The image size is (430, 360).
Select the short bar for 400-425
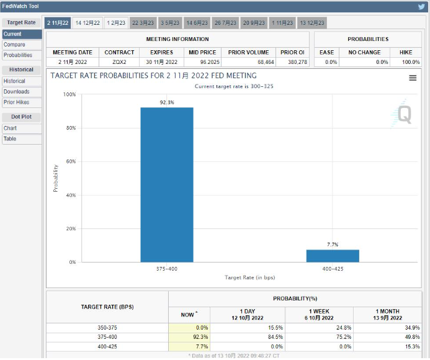pyautogui.click(x=333, y=256)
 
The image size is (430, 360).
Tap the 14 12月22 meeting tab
pyautogui.click(x=87, y=23)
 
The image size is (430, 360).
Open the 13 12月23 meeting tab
pyautogui.click(x=312, y=23)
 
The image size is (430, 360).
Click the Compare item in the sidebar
pyautogui.click(x=14, y=45)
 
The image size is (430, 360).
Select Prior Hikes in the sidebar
pyautogui.click(x=16, y=102)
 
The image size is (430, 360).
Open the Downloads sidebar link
pyautogui.click(x=16, y=92)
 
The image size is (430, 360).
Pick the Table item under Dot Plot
pyautogui.click(x=10, y=139)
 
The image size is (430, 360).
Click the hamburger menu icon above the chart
pyautogui.click(x=413, y=78)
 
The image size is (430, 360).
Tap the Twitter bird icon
pyautogui.click(x=421, y=6)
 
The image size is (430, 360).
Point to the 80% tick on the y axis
pyautogui.click(x=69, y=128)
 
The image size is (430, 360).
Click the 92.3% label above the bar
pyautogui.click(x=167, y=102)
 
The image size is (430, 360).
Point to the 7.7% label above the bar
pyautogui.click(x=333, y=245)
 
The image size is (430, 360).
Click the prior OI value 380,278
pyautogui.click(x=293, y=62)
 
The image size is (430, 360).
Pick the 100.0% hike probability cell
pyautogui.click(x=411, y=62)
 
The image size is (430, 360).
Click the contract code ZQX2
pyautogui.click(x=119, y=62)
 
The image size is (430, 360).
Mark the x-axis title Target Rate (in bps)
pyautogui.click(x=249, y=277)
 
